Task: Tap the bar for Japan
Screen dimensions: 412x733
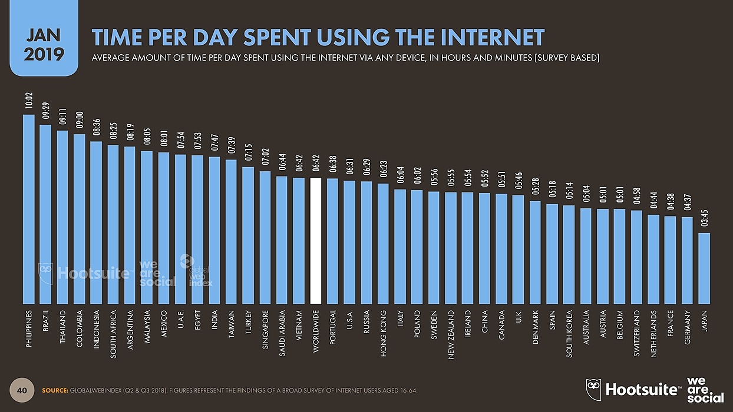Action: pyautogui.click(x=704, y=267)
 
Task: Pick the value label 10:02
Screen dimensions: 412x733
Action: pyautogui.click(x=28, y=101)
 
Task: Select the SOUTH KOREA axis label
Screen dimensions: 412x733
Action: pyautogui.click(x=569, y=334)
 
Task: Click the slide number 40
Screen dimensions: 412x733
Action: pyautogui.click(x=22, y=390)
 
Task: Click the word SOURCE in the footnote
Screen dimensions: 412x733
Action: pyautogui.click(x=55, y=391)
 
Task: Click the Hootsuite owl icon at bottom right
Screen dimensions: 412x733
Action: pyautogui.click(x=593, y=389)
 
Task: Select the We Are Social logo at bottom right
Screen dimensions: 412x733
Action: pyautogui.click(x=706, y=389)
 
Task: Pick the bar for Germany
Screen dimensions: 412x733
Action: pyautogui.click(x=687, y=259)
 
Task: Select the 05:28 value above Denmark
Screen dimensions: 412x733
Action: pyautogui.click(x=536, y=188)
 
